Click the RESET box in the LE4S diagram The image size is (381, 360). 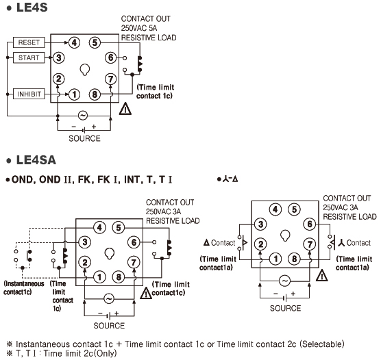pyautogui.click(x=29, y=42)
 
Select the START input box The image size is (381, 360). pyautogui.click(x=29, y=57)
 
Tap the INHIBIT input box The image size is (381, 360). pyautogui.click(x=29, y=94)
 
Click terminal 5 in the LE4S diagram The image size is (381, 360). pyautogui.click(x=95, y=42)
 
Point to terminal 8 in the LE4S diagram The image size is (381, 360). pyautogui.click(x=95, y=94)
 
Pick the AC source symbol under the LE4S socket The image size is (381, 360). pyautogui.click(x=83, y=116)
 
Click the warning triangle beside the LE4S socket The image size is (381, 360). pyautogui.click(x=125, y=109)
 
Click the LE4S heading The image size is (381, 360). pyautogui.click(x=32, y=8)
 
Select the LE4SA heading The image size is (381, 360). pyautogui.click(x=36, y=160)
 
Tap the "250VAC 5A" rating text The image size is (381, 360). pyautogui.click(x=139, y=28)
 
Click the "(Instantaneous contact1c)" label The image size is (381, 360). pyautogui.click(x=24, y=287)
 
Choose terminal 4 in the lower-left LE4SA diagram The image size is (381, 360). pyautogui.click(x=99, y=228)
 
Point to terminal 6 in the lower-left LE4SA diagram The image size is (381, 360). pyautogui.click(x=134, y=242)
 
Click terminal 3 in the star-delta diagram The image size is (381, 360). pyautogui.click(x=260, y=224)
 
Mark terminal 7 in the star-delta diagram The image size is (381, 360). pyautogui.click(x=310, y=244)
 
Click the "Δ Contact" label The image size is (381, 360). pyautogui.click(x=219, y=242)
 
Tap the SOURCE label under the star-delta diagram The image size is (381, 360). pyautogui.click(x=285, y=308)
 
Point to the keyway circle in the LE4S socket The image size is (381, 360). pyautogui.click(x=84, y=70)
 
